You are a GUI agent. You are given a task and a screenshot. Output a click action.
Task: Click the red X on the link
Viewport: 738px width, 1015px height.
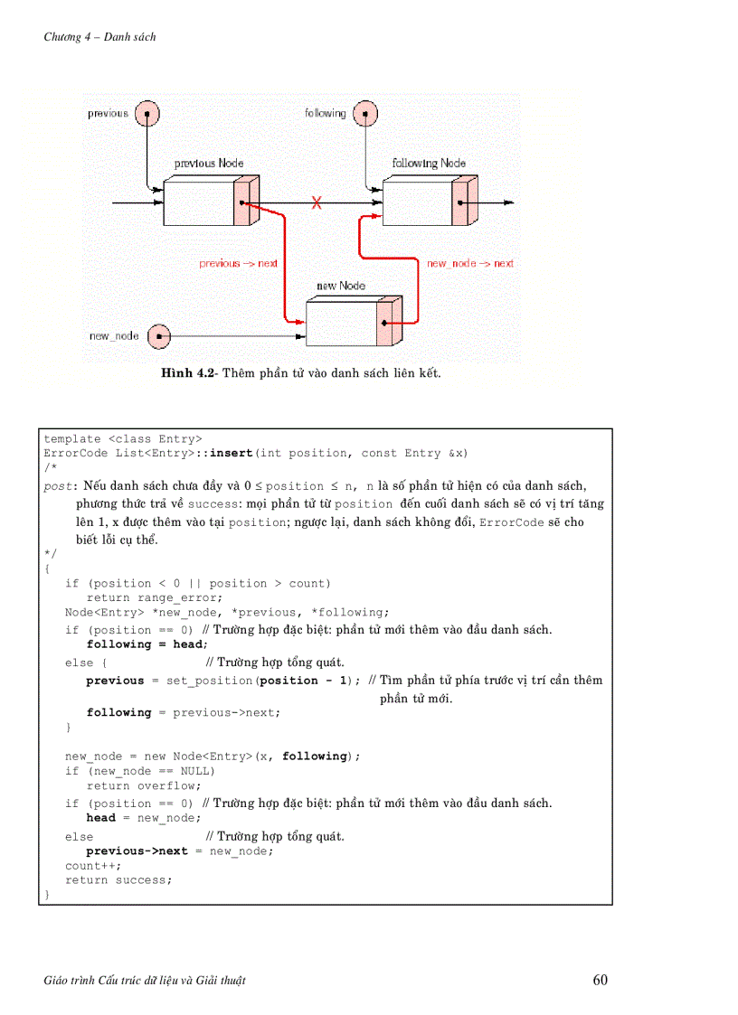pos(317,202)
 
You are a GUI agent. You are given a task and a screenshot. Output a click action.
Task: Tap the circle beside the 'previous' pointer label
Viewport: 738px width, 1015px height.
pos(147,114)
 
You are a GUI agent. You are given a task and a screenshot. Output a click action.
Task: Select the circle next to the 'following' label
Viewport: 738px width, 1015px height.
pos(364,114)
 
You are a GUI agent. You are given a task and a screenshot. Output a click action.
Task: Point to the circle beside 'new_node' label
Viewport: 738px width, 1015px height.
pos(158,336)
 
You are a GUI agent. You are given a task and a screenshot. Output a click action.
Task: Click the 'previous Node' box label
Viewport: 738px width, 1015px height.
pos(209,164)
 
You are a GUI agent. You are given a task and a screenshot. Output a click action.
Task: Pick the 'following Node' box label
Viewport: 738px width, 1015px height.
pos(429,164)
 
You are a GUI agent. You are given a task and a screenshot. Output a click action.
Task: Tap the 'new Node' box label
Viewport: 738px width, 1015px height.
pos(341,286)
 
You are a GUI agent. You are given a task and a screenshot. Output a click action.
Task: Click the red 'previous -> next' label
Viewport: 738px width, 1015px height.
pos(238,264)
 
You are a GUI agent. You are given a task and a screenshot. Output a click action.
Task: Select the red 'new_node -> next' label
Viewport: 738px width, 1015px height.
pos(469,264)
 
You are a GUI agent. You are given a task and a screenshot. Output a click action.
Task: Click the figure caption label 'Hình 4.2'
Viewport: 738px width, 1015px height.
pos(189,373)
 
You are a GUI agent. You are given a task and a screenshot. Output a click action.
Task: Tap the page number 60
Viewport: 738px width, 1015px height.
pos(601,981)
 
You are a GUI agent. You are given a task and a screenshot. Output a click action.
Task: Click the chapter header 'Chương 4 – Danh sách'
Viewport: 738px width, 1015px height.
pos(99,37)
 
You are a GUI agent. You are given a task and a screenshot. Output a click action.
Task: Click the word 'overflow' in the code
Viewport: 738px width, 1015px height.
pos(169,786)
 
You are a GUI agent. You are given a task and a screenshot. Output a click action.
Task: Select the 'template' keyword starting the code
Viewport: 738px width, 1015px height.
pos(72,439)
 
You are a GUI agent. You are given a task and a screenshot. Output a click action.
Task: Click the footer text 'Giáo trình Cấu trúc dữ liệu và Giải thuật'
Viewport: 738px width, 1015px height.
pos(145,981)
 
